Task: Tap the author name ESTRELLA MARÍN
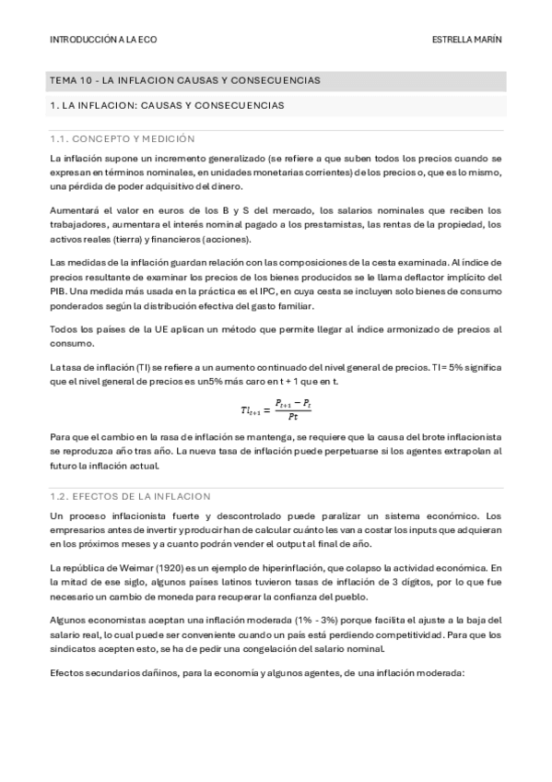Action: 467,41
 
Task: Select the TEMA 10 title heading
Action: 185,81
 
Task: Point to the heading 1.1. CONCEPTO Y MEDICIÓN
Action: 122,138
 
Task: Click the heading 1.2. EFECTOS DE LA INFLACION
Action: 131,495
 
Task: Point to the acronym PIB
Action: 60,291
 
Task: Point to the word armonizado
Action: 402,330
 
